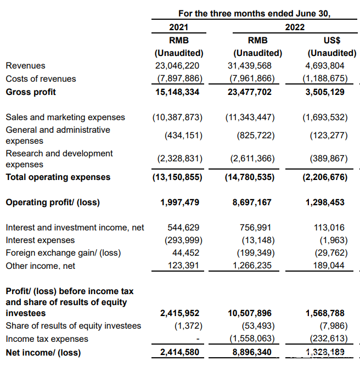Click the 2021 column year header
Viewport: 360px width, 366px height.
(178, 27)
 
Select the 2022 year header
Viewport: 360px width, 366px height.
(294, 27)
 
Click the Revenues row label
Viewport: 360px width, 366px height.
(25, 66)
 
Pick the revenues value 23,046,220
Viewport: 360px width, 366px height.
(178, 66)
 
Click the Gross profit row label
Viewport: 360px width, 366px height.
(31, 92)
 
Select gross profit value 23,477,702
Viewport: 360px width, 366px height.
(250, 92)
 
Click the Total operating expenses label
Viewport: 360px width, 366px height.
(58, 177)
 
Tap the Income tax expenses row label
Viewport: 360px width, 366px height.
(47, 339)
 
